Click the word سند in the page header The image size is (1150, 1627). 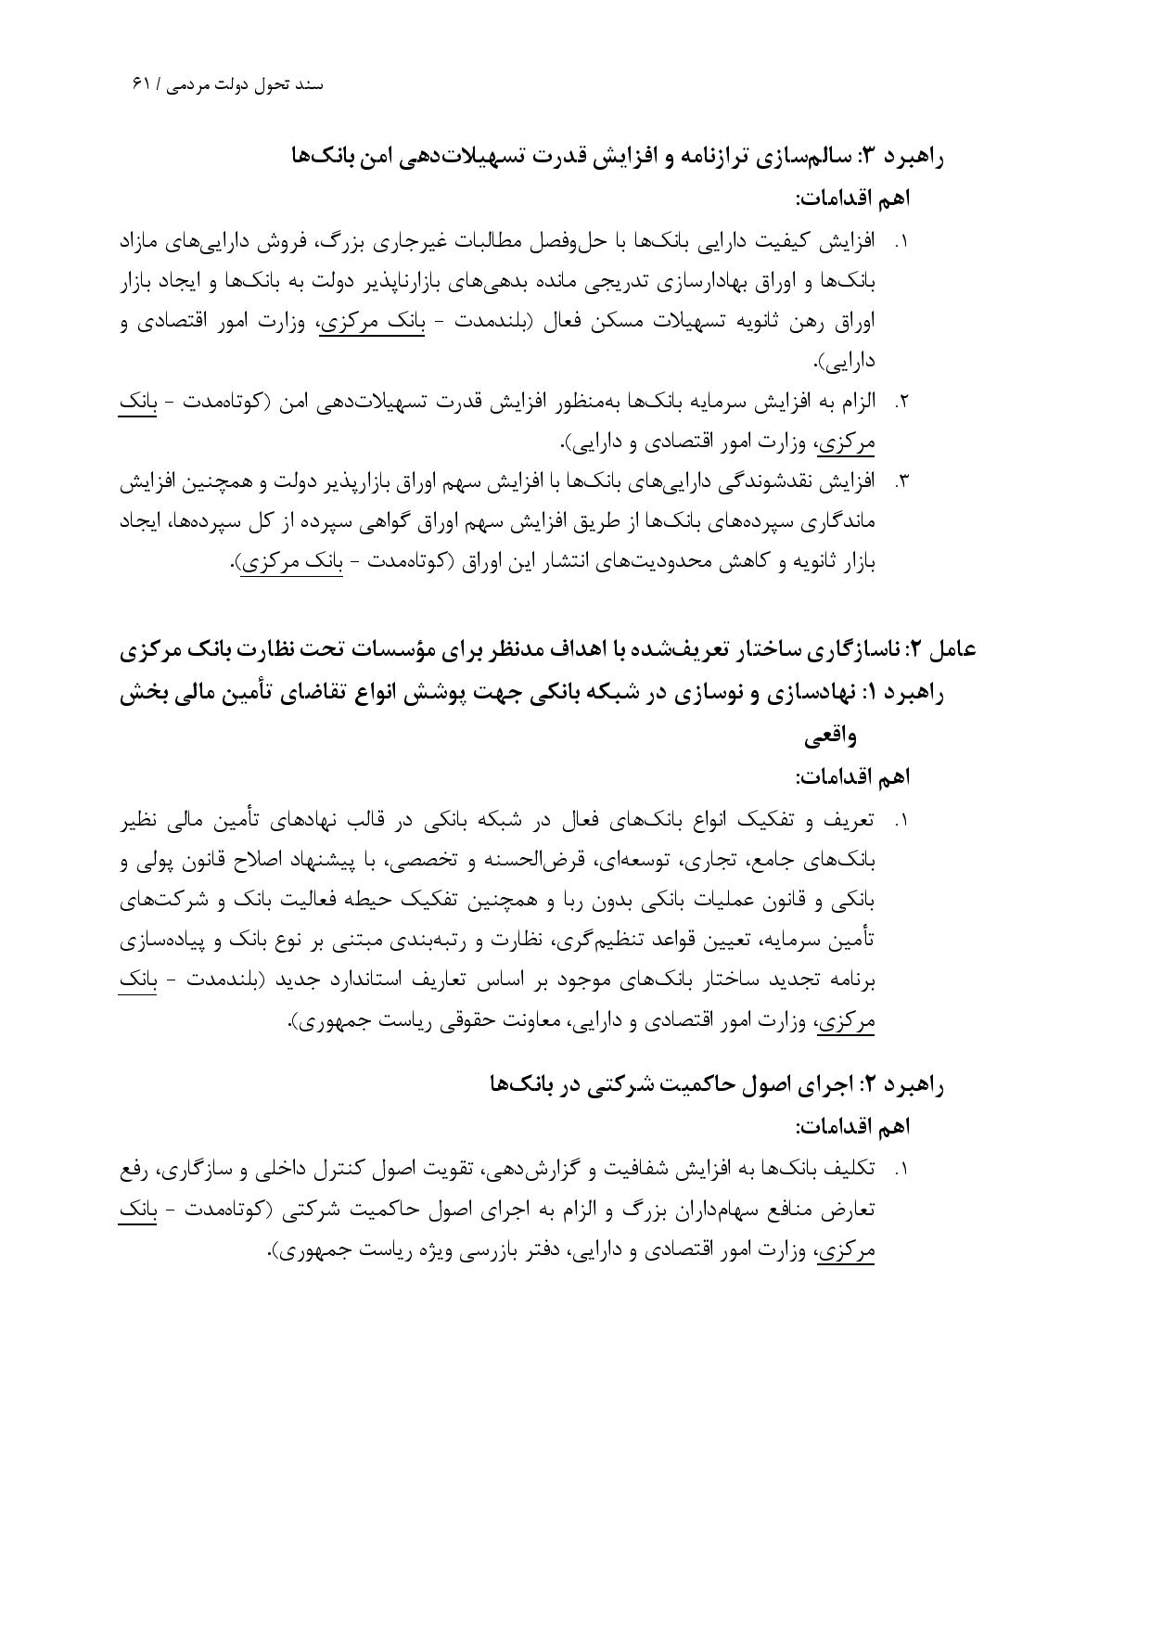(309, 84)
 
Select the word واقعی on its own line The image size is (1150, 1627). (830, 737)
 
